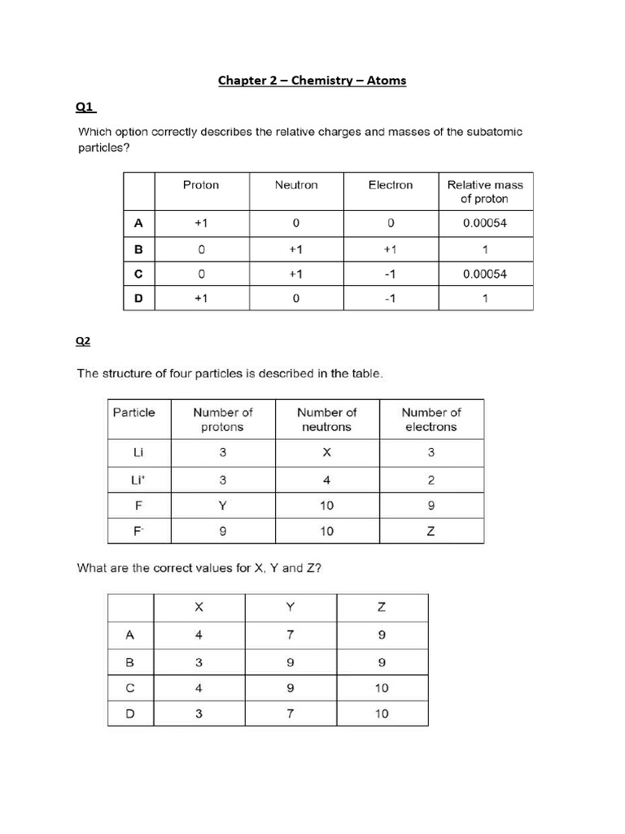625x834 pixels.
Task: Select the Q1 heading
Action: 85,106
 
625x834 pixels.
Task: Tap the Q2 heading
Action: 83,342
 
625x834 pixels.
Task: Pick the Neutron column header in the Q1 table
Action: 296,185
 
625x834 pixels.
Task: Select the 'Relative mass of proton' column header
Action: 485,192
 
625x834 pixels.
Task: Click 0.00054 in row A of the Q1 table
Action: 485,223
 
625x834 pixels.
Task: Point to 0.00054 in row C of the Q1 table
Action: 485,274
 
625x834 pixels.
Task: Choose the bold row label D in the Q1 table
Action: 138,299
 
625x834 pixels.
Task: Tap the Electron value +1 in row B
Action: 391,248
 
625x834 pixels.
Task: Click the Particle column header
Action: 133,412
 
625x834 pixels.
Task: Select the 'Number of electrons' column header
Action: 431,419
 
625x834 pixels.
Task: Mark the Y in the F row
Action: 222,506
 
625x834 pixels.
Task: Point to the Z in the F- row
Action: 431,532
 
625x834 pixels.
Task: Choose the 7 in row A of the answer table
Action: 291,635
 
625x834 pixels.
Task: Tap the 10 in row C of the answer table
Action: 382,687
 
